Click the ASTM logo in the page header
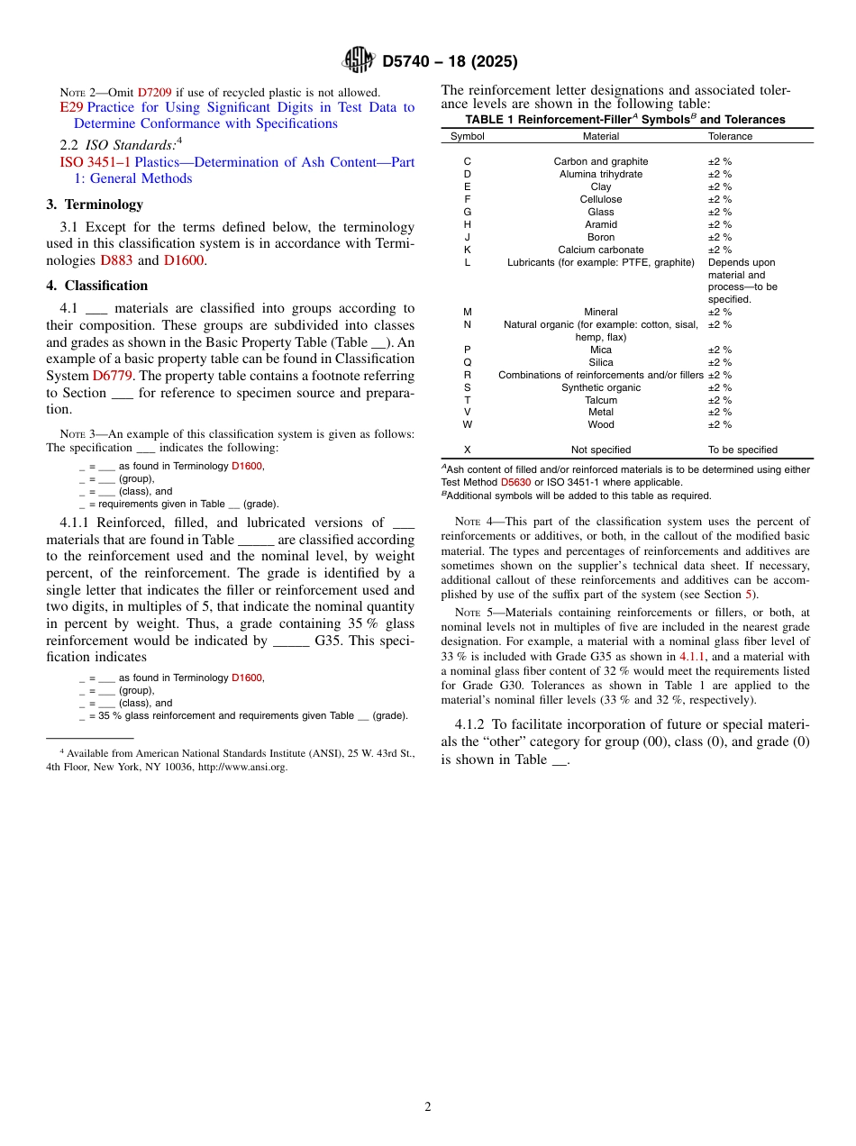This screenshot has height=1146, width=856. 359,60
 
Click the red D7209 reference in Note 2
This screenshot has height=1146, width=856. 154,92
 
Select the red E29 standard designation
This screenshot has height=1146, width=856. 71,107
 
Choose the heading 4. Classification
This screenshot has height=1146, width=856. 97,286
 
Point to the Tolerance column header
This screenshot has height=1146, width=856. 730,136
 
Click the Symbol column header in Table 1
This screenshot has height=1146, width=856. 467,136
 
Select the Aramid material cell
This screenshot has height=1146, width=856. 601,224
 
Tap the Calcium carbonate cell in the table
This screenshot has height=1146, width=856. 601,250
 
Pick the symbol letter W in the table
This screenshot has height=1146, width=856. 467,424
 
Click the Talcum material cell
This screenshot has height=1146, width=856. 601,400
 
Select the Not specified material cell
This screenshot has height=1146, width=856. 601,450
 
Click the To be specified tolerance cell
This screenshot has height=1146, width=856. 742,450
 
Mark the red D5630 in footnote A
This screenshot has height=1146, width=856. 515,482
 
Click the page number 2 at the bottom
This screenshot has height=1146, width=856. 428,1107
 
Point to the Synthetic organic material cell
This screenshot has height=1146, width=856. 601,387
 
